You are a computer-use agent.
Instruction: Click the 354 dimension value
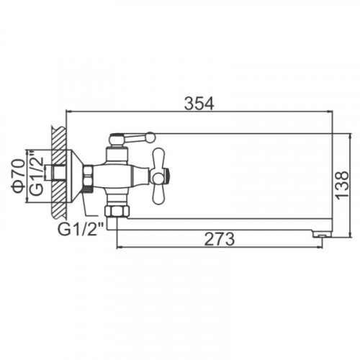coord(199,104)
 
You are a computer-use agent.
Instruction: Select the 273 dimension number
coord(220,239)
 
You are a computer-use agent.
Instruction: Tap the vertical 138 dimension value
coord(342,185)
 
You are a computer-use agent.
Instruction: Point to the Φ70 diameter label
coord(19,176)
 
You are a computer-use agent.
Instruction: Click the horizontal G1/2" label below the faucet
coord(81,229)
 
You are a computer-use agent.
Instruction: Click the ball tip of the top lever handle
coord(151,137)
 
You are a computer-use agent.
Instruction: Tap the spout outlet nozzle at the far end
coord(323,234)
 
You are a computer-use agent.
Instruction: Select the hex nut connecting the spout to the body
coord(117,212)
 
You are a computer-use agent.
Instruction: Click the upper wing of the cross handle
coord(159,158)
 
